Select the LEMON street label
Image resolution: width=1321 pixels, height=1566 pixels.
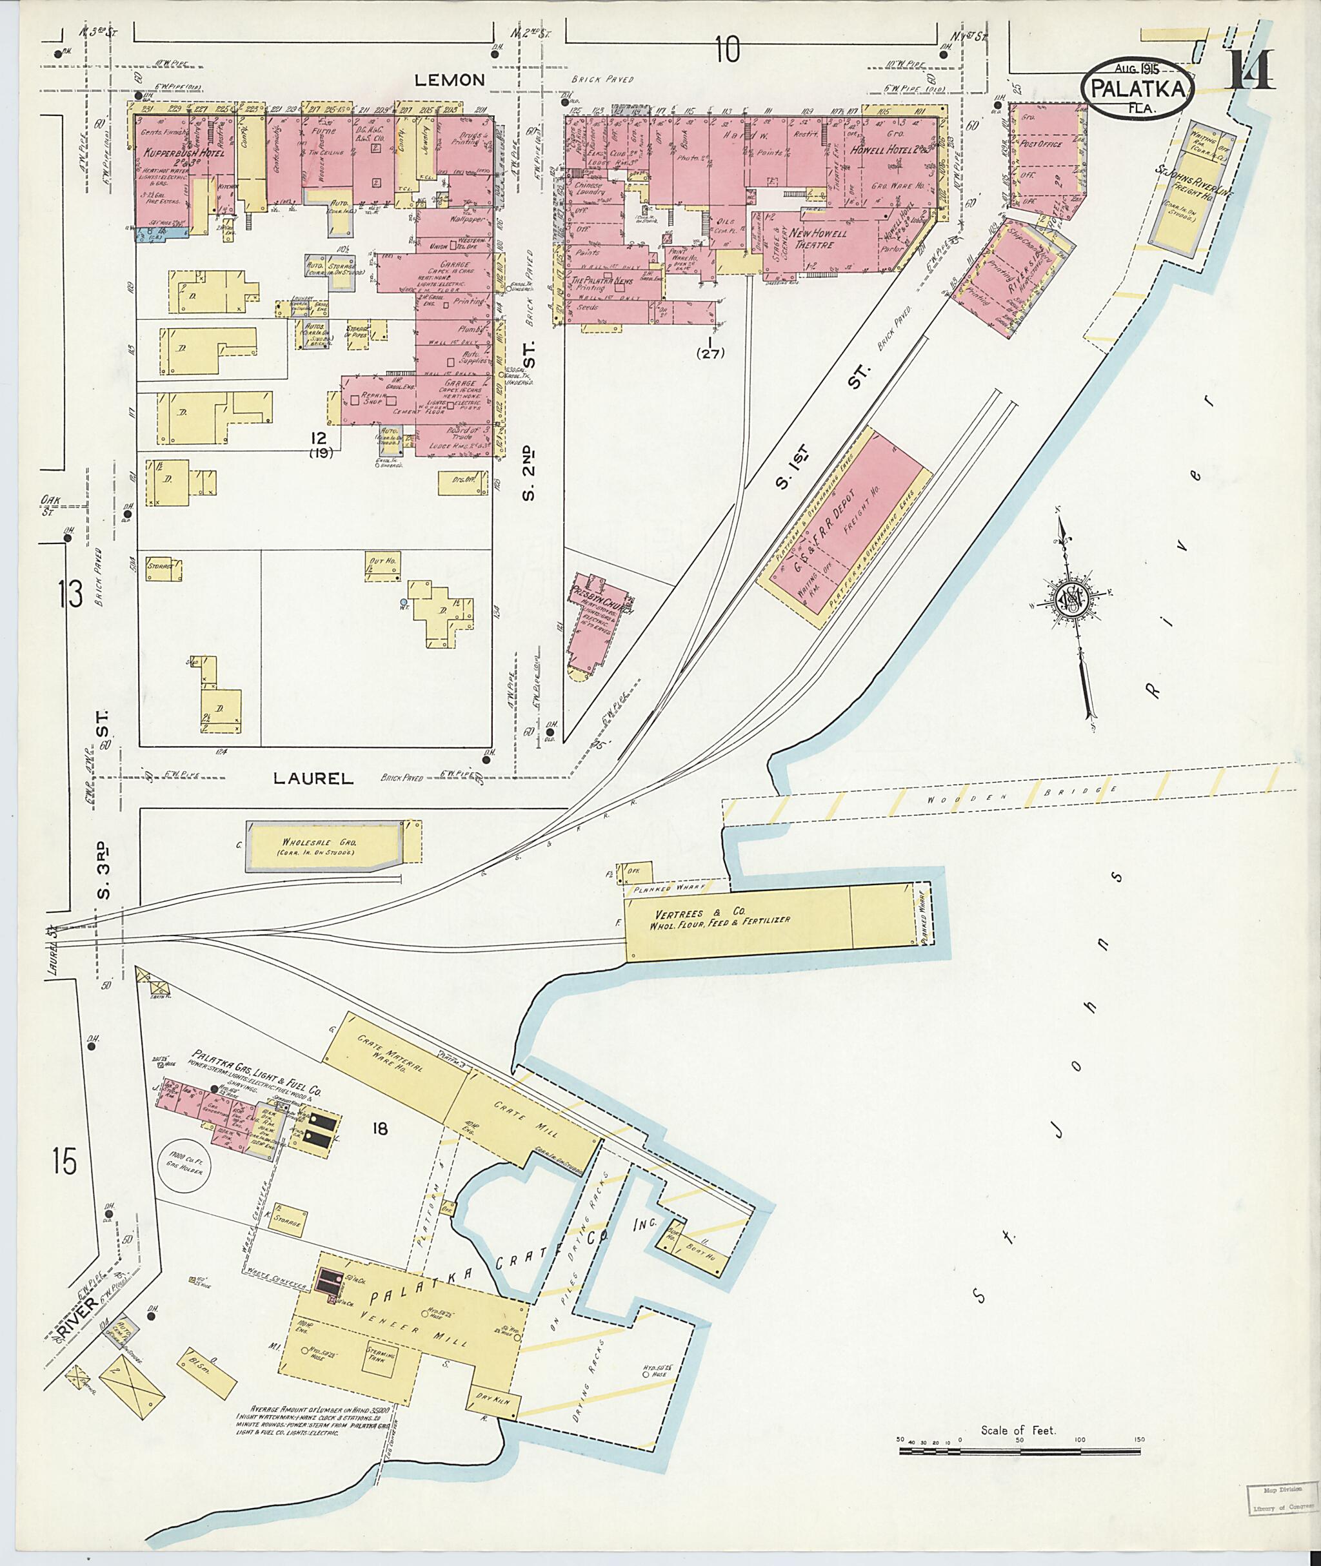pyautogui.click(x=452, y=80)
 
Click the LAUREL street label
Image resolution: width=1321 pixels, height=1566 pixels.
pyautogui.click(x=312, y=779)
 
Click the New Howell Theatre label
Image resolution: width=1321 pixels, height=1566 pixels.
pyautogui.click(x=819, y=238)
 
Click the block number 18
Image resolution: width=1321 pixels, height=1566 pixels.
pyautogui.click(x=381, y=1128)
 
